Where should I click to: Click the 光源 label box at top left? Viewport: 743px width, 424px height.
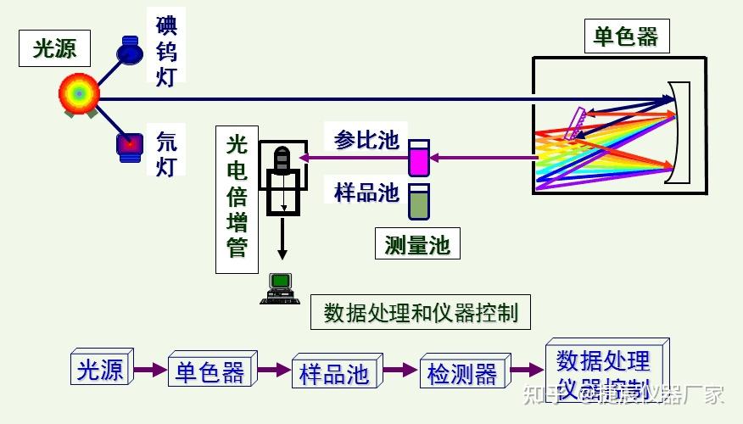pyautogui.click(x=55, y=49)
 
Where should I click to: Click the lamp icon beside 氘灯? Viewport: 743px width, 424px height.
pyautogui.click(x=130, y=145)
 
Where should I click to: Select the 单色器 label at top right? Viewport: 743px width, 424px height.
pyautogui.click(x=626, y=37)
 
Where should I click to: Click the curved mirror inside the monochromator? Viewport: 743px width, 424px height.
pyautogui.click(x=676, y=133)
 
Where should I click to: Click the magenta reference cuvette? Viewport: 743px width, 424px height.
pyautogui.click(x=419, y=158)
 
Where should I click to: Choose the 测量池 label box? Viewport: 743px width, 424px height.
pyautogui.click(x=416, y=245)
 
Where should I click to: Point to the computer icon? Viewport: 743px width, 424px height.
pyautogui.click(x=279, y=288)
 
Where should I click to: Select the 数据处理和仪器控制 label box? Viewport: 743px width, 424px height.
pyautogui.click(x=421, y=313)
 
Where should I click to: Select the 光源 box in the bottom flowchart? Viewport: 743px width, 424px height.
pyautogui.click(x=100, y=370)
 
